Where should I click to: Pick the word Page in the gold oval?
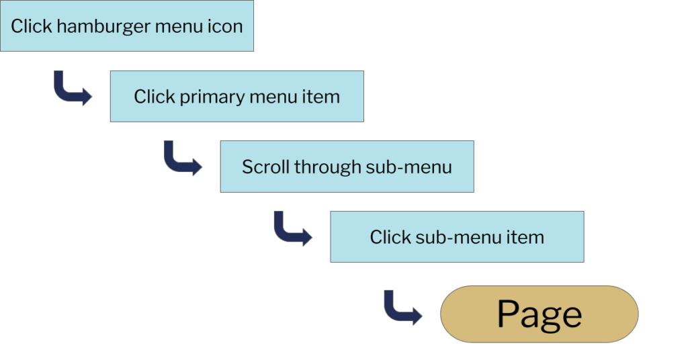[x=539, y=314]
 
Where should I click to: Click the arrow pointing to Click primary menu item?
[x=72, y=89]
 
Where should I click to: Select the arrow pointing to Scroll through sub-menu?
[x=182, y=159]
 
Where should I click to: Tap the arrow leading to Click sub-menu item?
[x=292, y=229]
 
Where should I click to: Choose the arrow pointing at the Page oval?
[x=402, y=308]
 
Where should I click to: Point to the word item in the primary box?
[x=322, y=97]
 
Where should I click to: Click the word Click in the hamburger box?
[x=31, y=27]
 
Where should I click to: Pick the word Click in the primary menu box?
[x=154, y=97]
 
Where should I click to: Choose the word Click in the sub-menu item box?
[x=390, y=237]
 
